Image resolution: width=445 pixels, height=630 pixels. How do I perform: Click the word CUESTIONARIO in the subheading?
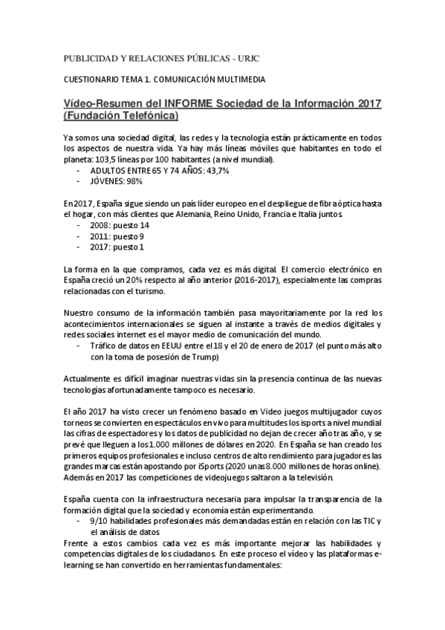(88, 79)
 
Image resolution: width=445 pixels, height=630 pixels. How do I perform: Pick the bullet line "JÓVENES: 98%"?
(116, 181)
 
